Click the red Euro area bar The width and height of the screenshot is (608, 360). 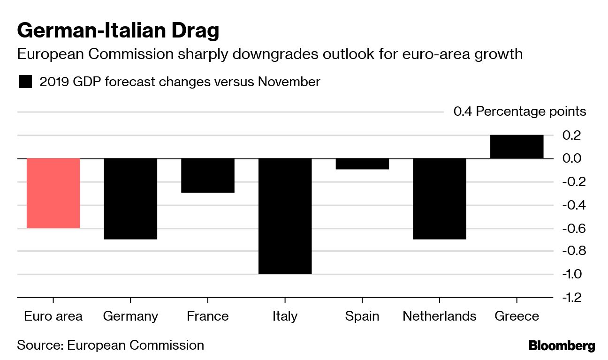point(53,193)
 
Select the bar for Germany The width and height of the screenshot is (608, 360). point(130,199)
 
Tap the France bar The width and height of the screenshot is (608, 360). point(207,175)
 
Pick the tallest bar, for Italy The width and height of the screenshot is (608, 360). point(285,216)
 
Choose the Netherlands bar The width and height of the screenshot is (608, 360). point(439,199)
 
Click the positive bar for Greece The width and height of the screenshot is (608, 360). point(517,147)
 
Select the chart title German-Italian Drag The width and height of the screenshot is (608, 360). point(118,31)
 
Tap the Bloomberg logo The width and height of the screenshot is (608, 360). point(562,346)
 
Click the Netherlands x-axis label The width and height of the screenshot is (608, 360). point(439,316)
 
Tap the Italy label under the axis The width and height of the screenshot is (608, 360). point(285,316)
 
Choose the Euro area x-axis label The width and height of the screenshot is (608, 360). point(53,316)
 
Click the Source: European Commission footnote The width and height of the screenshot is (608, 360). point(110,345)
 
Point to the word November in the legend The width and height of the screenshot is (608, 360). point(289,82)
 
